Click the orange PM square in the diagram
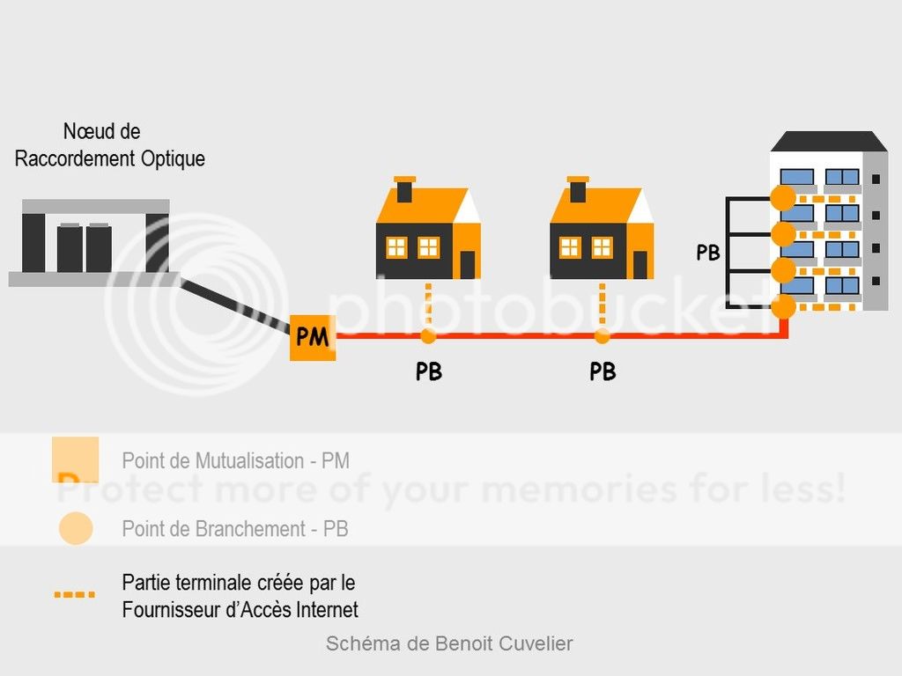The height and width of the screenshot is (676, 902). tap(313, 336)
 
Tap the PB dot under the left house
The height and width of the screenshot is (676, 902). tap(428, 336)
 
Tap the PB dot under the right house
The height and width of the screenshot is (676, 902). tap(602, 336)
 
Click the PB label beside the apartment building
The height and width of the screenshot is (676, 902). tap(708, 253)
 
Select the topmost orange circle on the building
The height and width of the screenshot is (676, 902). tap(783, 198)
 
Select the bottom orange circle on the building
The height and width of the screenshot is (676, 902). tap(783, 307)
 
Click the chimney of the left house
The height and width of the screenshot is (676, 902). tap(404, 189)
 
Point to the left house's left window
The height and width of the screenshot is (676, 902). tap(396, 247)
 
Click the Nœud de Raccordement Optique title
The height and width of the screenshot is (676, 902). tap(110, 145)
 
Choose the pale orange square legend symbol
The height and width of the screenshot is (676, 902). tap(75, 459)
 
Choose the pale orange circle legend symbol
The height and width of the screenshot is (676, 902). tap(76, 528)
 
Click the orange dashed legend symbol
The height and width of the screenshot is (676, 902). tap(74, 595)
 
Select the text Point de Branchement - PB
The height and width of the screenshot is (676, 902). tap(235, 529)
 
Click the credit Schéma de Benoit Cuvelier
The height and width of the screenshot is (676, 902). tap(449, 643)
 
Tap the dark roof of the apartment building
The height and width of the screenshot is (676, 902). tap(828, 142)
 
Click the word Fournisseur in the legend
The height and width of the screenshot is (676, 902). tap(172, 609)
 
